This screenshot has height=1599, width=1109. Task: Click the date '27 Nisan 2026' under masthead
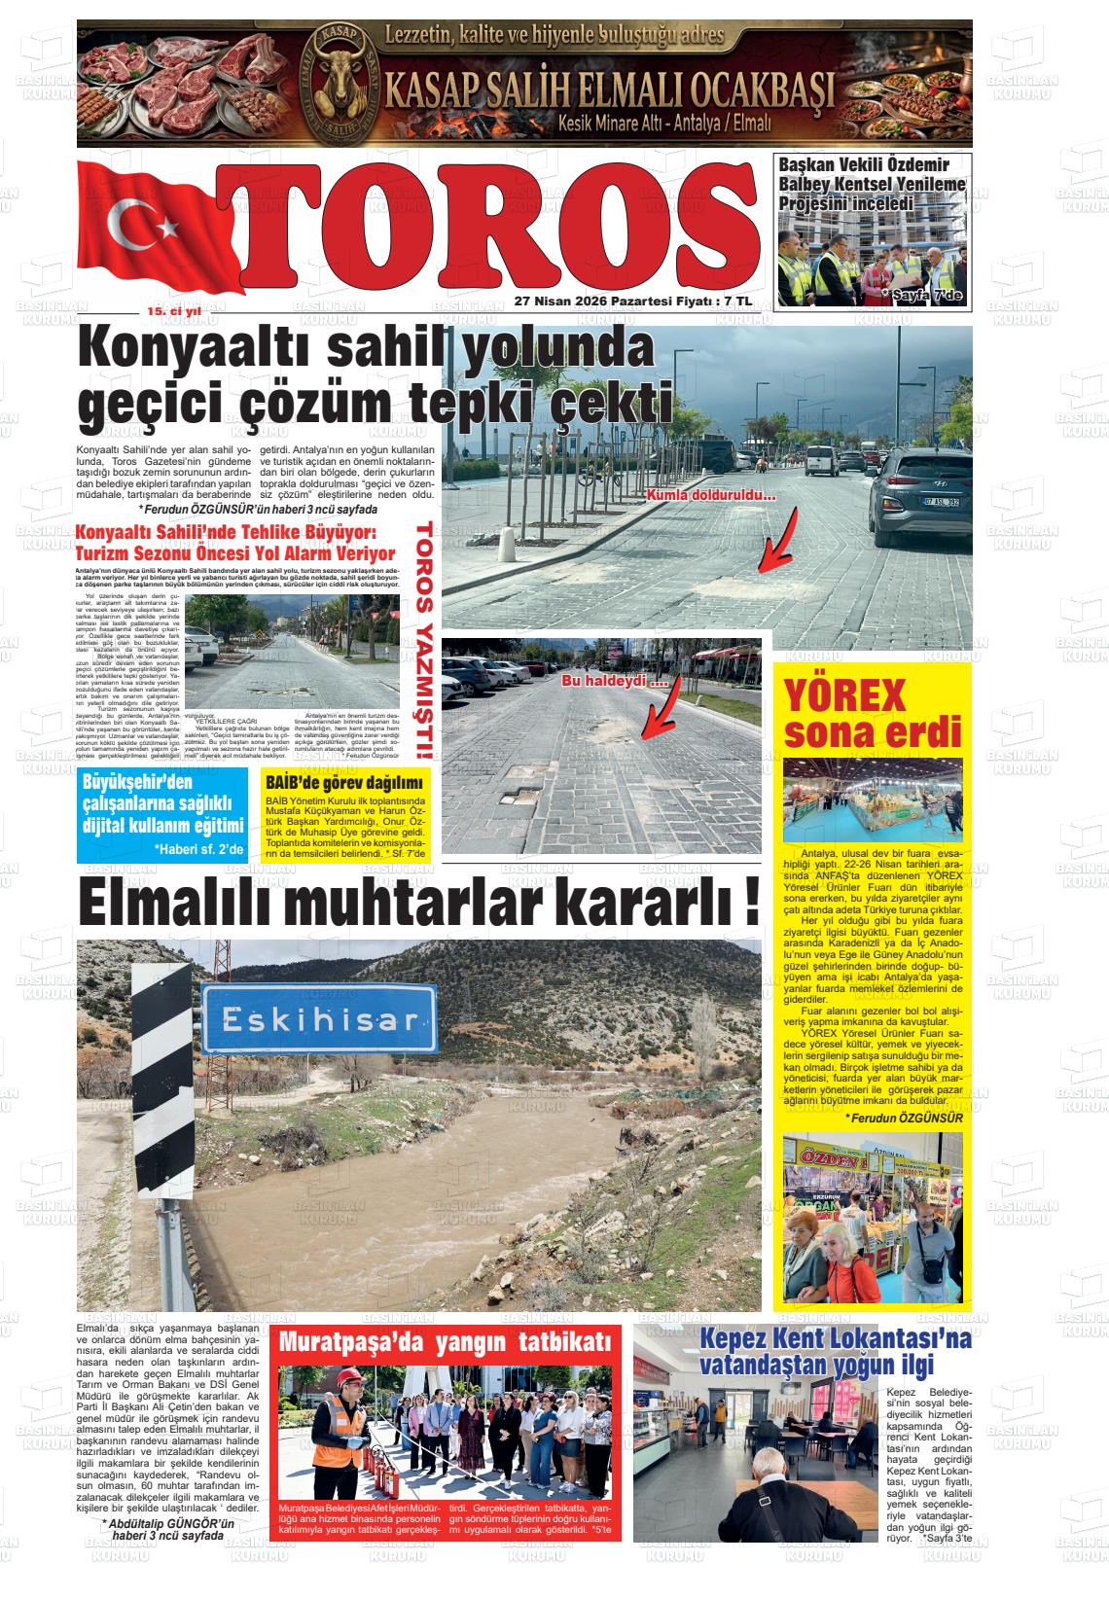559,302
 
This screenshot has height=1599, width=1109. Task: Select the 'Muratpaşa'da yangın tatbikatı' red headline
448,1341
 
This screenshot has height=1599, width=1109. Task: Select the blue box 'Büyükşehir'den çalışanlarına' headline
162,805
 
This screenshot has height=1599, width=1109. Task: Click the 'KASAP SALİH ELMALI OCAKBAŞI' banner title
610,93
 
